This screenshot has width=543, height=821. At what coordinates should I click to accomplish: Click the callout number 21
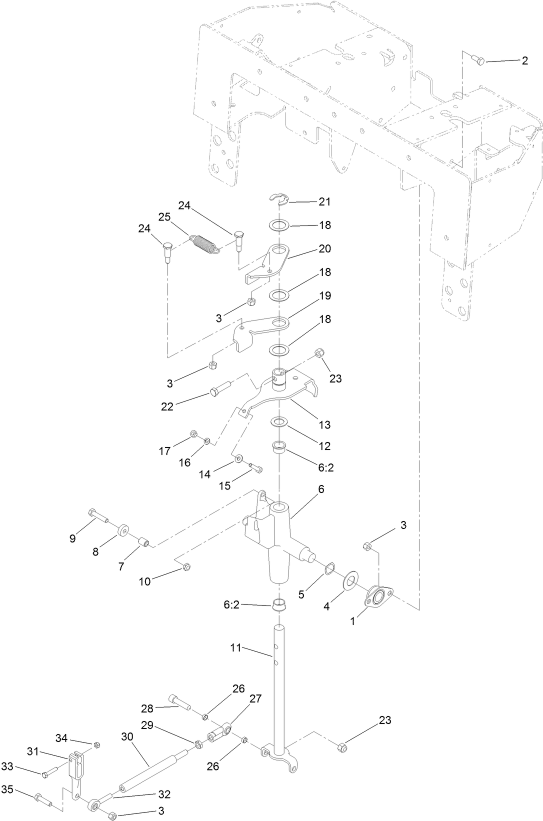pos(325,202)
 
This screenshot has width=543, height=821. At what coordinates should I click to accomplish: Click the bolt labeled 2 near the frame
pos(478,60)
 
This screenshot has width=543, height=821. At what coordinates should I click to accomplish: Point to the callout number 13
pos(324,425)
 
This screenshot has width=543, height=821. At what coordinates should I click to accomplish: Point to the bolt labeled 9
pos(97,515)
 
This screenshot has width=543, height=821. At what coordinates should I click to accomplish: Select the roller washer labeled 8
pos(122,530)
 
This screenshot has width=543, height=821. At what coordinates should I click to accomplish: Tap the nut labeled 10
pos(186,566)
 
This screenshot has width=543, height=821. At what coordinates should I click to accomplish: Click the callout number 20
pos(325,248)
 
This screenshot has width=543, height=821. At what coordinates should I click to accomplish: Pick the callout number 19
pos(325,295)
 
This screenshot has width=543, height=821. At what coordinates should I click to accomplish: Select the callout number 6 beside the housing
pos(320,488)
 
